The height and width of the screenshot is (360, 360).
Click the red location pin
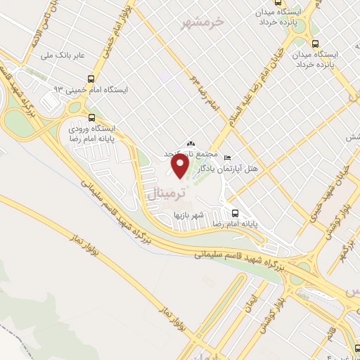(x=181, y=166)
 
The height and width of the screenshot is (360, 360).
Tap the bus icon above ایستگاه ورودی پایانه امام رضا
(x=91, y=117)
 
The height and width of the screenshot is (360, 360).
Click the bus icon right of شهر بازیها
(x=235, y=213)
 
